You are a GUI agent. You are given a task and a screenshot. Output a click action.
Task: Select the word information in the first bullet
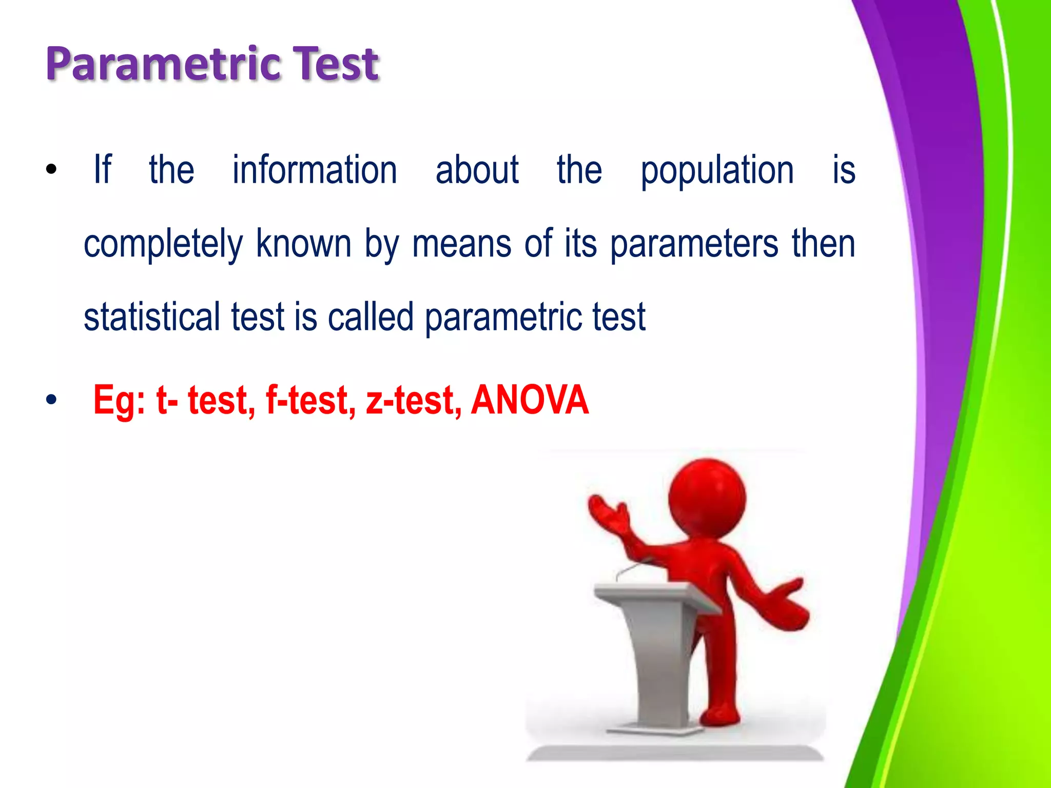(x=315, y=170)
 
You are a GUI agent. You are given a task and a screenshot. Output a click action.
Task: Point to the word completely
(x=163, y=245)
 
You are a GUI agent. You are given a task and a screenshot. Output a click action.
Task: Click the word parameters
(x=694, y=245)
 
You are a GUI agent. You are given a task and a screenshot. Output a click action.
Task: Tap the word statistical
(x=151, y=317)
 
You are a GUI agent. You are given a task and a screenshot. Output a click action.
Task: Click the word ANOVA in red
(x=530, y=400)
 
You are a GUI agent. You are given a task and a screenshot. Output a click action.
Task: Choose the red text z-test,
(x=413, y=400)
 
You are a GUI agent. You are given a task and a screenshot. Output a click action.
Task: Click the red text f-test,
(x=310, y=400)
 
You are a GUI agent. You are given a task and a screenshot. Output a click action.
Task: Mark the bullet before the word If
(x=51, y=170)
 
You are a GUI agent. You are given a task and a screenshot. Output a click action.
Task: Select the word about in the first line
(x=477, y=170)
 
